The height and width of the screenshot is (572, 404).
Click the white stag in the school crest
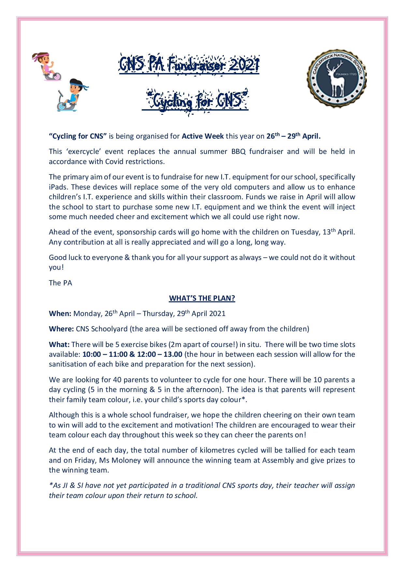(x=337, y=80)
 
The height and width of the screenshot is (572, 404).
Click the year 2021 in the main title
(x=242, y=65)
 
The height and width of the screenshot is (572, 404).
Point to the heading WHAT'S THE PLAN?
(x=202, y=299)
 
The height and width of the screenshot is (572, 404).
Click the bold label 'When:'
(x=60, y=314)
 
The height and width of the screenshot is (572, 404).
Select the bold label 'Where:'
(x=61, y=329)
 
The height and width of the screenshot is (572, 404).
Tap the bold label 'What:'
(x=59, y=345)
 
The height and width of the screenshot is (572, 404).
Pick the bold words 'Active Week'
(x=203, y=136)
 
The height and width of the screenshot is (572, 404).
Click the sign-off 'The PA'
(x=60, y=283)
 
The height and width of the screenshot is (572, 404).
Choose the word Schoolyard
(x=101, y=329)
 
